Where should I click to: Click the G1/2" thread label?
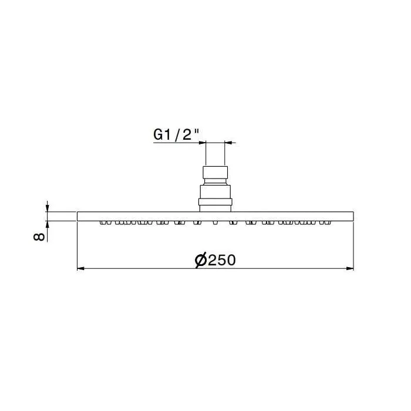(x=176, y=134)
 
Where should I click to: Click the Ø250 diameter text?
(x=215, y=260)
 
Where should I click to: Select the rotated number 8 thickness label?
(x=39, y=237)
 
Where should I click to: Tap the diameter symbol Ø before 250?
(x=201, y=261)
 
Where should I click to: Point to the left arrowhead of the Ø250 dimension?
(x=80, y=268)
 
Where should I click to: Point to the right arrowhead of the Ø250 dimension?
(x=351, y=268)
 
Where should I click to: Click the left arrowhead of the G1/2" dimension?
(x=202, y=143)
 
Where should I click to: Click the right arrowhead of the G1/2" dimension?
(x=228, y=143)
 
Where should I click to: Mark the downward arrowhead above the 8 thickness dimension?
(x=47, y=208)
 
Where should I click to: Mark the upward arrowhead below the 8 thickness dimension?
(x=47, y=224)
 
